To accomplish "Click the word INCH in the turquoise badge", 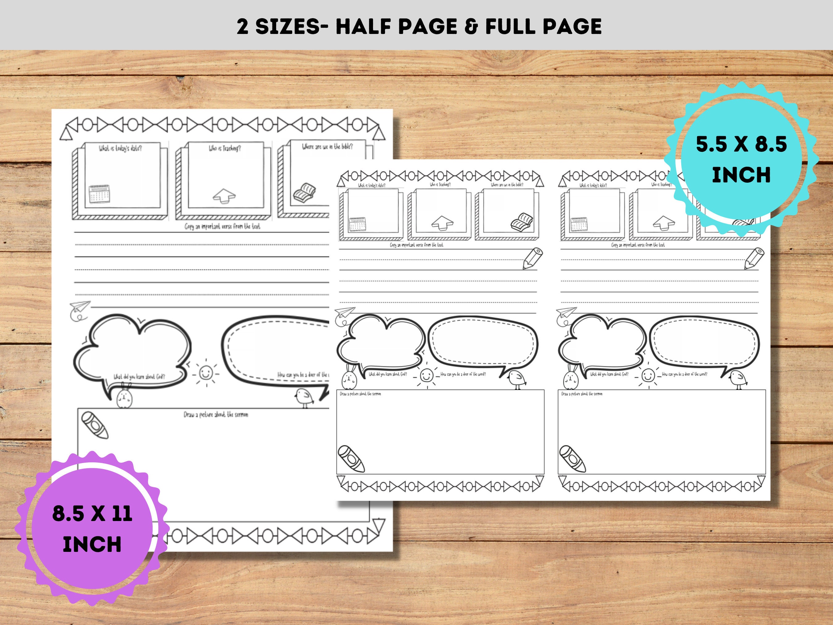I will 741,175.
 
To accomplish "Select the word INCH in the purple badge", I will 92,544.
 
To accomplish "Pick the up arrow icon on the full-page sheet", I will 224,196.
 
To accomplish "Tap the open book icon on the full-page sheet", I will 304,193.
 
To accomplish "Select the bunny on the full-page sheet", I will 124,396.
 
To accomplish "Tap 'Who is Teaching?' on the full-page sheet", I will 225,149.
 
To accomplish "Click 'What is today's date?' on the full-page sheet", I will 120,148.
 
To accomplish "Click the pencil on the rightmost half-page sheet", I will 754,258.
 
